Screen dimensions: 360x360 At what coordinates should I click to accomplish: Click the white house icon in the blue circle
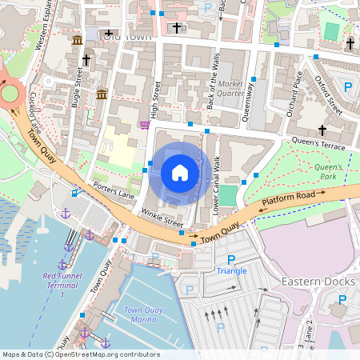pyautogui.click(x=180, y=173)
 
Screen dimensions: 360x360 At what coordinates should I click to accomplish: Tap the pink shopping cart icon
pyautogui.click(x=145, y=124)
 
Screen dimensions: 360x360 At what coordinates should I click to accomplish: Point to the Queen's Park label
pyautogui.click(x=328, y=171)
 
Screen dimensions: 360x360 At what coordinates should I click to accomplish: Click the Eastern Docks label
pyautogui.click(x=317, y=282)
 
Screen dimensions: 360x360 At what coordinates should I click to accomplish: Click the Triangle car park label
pyautogui.click(x=232, y=271)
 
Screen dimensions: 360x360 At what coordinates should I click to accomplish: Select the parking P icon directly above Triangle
pyautogui.click(x=232, y=259)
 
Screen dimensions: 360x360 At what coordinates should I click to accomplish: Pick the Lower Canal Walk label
pyautogui.click(x=216, y=179)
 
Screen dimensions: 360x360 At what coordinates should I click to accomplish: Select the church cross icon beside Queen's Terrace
pyautogui.click(x=322, y=130)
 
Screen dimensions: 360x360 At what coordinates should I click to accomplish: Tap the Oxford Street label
pyautogui.click(x=329, y=95)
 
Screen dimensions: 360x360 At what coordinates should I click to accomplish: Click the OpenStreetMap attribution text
pyautogui.click(x=81, y=354)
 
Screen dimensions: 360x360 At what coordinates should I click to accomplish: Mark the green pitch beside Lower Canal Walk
pyautogui.click(x=229, y=195)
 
